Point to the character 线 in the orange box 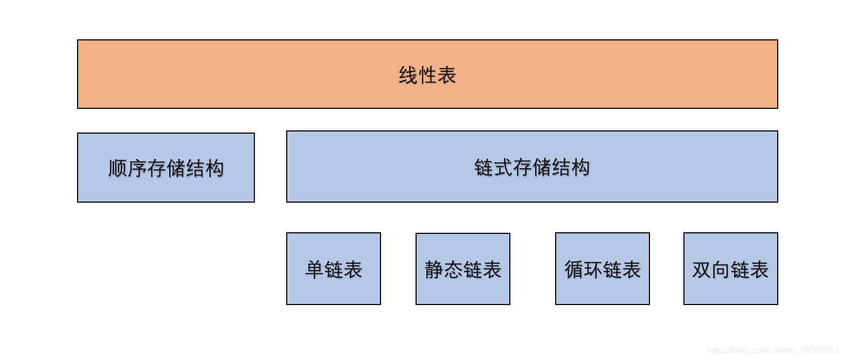click(x=409, y=75)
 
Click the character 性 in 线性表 click(x=428, y=75)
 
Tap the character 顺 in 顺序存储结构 click(x=118, y=168)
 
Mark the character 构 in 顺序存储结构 click(x=214, y=168)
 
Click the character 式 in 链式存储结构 click(x=503, y=167)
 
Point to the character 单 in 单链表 click(x=315, y=269)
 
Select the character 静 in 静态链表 click(x=434, y=269)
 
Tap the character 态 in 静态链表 click(x=453, y=269)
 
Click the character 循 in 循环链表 click(x=574, y=269)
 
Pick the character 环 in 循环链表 click(x=593, y=269)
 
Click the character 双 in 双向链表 click(x=702, y=269)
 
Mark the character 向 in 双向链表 click(x=721, y=269)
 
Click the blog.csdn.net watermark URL click(x=773, y=350)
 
